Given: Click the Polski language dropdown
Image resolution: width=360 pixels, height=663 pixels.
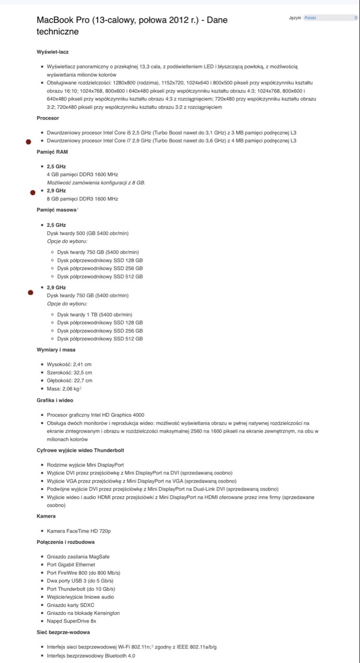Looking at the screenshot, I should coord(330,18).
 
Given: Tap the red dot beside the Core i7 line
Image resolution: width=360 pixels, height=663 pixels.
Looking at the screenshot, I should coord(29,141).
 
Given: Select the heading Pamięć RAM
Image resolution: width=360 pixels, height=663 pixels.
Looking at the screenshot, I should coord(52,152).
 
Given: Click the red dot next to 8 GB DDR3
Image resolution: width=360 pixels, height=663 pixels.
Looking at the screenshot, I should coord(33,192).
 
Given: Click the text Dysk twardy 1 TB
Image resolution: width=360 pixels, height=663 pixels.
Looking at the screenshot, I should coord(95,314).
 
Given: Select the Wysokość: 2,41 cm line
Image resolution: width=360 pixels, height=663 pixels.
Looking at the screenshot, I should coord(69,364).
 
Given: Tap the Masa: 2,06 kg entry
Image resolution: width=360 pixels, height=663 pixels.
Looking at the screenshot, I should coord(64,388).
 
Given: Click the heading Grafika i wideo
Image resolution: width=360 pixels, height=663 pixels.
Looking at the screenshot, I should coord(55,400).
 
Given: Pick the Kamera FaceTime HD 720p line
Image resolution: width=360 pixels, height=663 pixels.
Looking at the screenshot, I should coord(79,531).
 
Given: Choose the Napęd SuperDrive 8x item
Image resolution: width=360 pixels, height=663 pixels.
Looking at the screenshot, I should coord(71,621).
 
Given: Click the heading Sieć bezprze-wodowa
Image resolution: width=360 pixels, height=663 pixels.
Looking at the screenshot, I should coord(60,632).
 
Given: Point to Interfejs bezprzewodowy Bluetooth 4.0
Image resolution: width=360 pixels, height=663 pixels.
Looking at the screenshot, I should coord(91,655).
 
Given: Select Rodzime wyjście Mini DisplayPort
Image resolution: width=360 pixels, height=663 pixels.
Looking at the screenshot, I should coord(85,465).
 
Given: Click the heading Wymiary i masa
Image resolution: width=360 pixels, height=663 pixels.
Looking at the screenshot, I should coord(56,350).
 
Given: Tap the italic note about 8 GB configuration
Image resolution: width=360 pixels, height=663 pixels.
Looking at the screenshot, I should coord(96,183).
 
